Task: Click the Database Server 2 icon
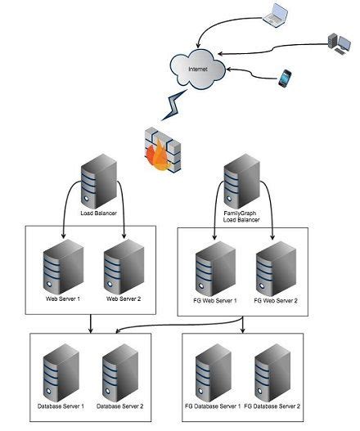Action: pyautogui.click(x=119, y=373)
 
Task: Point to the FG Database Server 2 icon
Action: pyautogui.click(x=272, y=373)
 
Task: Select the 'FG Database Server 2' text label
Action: pyautogui.click(x=277, y=406)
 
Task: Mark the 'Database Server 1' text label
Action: pyautogui.click(x=58, y=406)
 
